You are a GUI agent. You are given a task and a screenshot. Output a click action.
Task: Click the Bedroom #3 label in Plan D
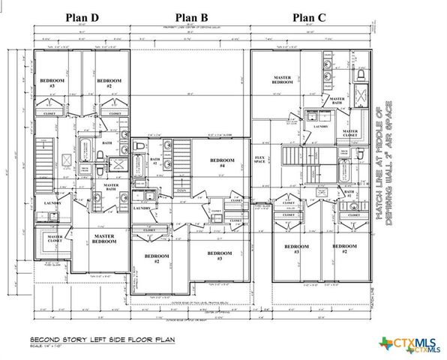[53, 82]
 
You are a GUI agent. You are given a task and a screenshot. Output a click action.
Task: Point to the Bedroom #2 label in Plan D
[109, 82]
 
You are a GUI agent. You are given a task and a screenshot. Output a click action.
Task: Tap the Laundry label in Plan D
[52, 203]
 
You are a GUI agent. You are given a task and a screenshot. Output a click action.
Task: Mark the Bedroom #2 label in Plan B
[157, 259]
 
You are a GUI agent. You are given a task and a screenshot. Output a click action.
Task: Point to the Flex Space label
[260, 160]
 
